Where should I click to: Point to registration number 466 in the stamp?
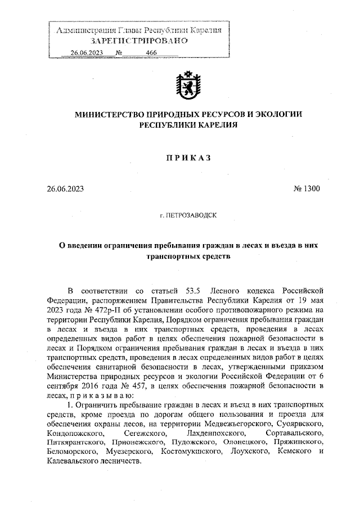click(x=151, y=53)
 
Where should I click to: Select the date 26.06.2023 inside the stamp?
click(x=87, y=53)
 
